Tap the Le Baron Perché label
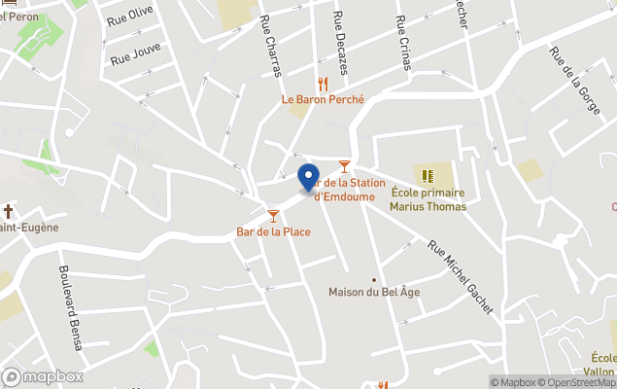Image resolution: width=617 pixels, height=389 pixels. (323, 99)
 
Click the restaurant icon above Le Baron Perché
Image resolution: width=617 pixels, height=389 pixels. (323, 84)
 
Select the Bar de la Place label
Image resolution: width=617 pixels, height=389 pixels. (273, 231)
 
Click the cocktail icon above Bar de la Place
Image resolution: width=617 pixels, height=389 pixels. (273, 215)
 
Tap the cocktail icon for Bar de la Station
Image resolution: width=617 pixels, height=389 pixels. (344, 167)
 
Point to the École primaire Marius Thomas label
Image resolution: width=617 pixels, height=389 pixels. (428, 199)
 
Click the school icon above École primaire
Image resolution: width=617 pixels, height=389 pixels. (428, 176)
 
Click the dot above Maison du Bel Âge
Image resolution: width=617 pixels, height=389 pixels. (375, 279)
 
